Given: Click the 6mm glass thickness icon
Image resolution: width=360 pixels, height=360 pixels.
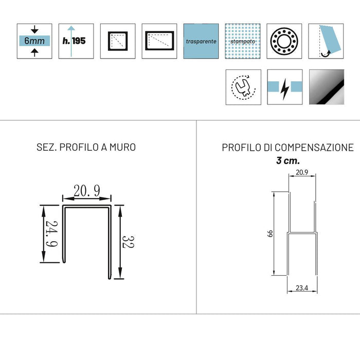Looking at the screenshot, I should tap(34, 41).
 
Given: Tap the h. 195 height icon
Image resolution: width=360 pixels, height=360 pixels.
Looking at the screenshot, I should tap(76, 41).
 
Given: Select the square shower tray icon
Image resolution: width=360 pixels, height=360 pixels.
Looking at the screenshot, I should tap(118, 41).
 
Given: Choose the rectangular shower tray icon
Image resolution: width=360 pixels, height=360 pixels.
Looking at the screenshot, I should tap(159, 41).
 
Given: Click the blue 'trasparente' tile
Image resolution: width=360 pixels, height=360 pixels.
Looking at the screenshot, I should tap(201, 41).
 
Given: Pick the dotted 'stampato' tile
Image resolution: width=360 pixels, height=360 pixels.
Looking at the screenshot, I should tap(243, 41).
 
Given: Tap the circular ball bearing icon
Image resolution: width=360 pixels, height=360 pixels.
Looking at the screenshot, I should tap(284, 41).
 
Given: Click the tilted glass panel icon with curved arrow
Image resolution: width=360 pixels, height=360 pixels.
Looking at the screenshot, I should tap(326, 41).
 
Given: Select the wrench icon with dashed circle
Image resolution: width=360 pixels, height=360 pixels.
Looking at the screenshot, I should tap(243, 87).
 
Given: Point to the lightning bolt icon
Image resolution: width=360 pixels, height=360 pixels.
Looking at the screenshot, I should tap(284, 87).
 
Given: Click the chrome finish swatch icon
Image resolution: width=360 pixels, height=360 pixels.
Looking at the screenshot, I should tap(326, 87).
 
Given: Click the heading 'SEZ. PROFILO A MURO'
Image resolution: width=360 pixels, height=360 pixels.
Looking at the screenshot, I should tap(86, 148).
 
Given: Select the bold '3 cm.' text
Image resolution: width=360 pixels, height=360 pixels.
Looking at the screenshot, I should tap(288, 160).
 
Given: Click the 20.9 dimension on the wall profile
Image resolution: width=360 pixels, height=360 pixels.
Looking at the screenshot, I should tap(86, 191).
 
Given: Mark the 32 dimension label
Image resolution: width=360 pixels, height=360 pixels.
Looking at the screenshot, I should tap(129, 242).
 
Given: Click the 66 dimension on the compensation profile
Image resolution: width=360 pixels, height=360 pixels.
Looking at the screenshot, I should tap(269, 233).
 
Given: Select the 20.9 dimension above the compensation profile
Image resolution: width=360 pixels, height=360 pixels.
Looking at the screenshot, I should tap(302, 173).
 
